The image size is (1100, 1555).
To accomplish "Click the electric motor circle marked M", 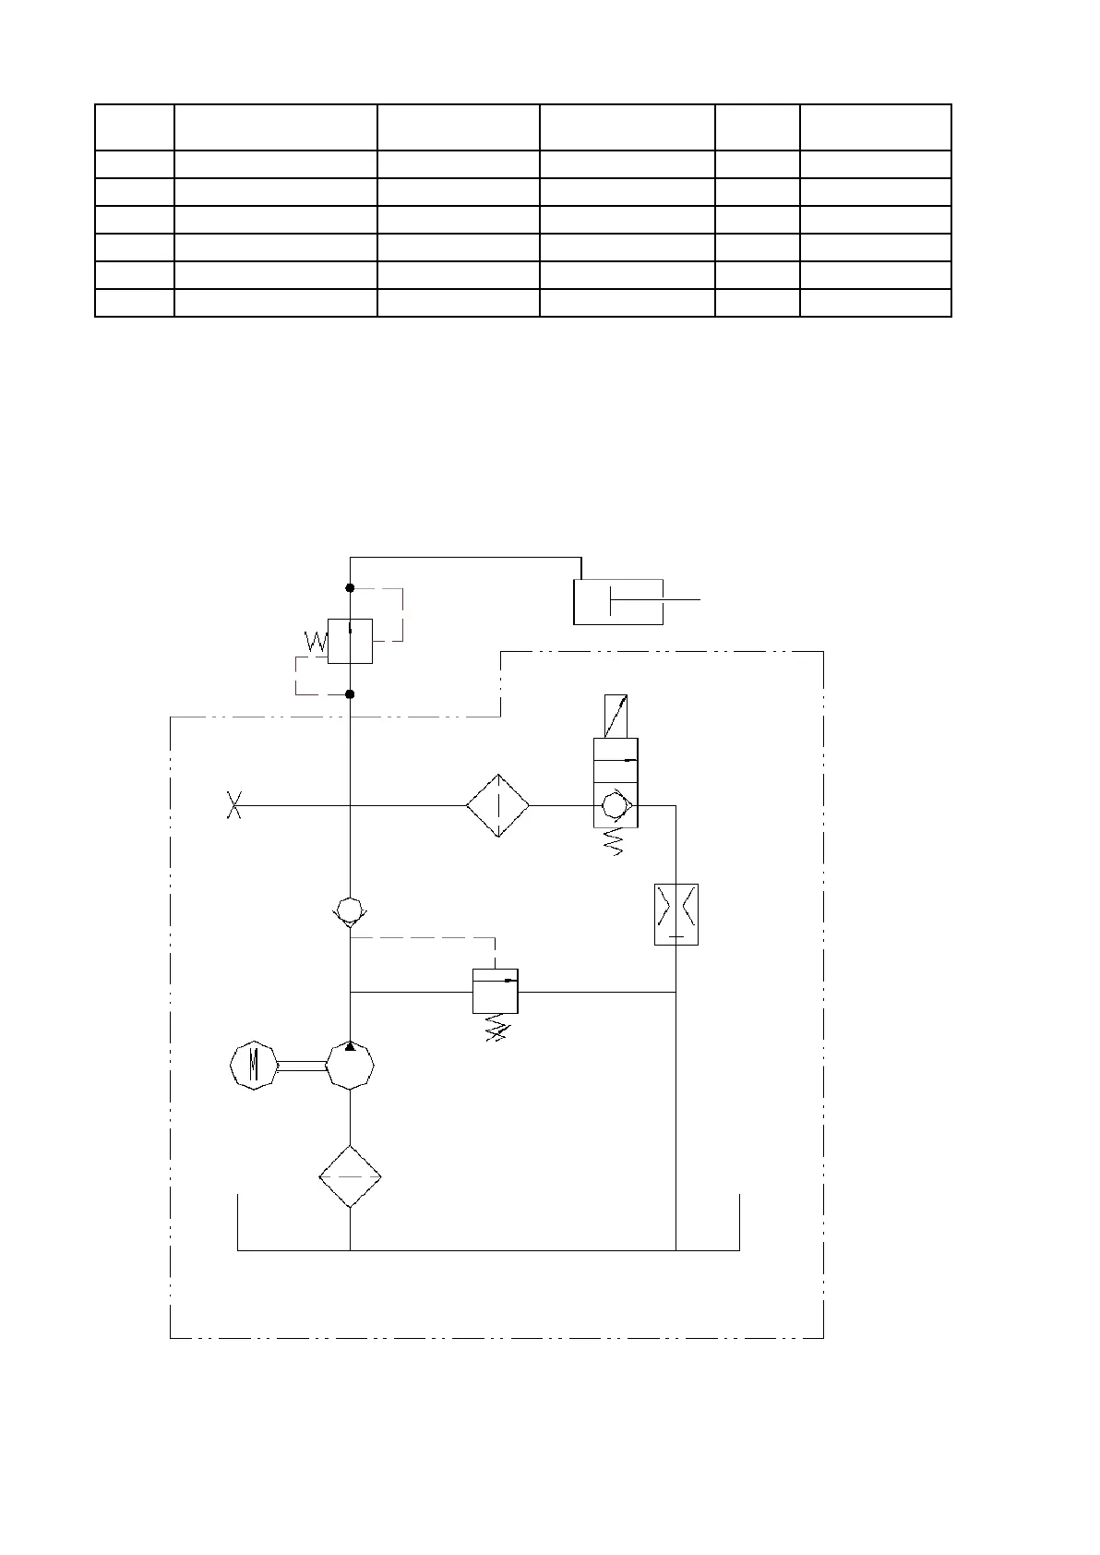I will [x=253, y=1066].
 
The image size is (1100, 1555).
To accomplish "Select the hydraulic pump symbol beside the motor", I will [x=350, y=1067].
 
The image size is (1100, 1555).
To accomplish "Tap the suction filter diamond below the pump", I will [x=350, y=1175].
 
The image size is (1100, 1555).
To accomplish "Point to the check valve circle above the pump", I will [x=350, y=910].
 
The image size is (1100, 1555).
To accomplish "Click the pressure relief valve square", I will [x=496, y=991].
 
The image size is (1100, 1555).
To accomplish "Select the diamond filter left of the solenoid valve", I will [x=497, y=805].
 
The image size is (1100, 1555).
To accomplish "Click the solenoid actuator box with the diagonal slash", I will [x=616, y=716].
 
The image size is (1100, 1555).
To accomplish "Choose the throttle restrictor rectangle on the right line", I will [x=676, y=913].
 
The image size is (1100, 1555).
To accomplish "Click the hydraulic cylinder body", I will [x=617, y=602].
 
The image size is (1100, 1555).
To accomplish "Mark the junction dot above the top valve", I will [x=350, y=588].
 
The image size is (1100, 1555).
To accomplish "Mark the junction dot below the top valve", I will [x=350, y=693].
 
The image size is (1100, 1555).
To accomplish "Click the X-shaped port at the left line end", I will [x=234, y=805].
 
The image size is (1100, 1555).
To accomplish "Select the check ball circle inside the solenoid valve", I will [x=613, y=805].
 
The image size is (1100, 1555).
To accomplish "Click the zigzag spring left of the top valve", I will [x=315, y=642].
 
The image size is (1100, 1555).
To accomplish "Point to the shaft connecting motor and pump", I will [x=301, y=1067].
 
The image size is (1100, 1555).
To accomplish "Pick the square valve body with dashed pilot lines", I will [x=350, y=641].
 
